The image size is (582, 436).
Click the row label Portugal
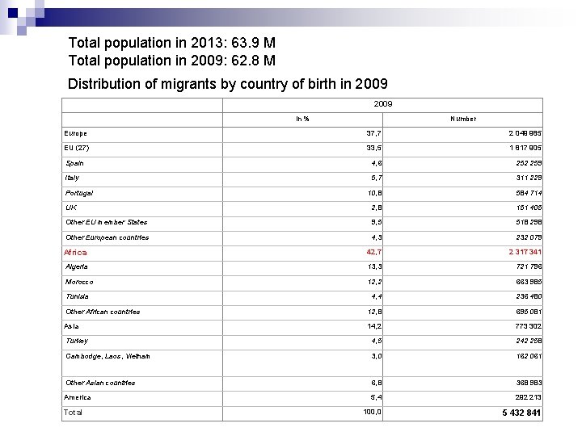[x=79, y=193]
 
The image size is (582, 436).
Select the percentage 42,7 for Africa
[x=373, y=252]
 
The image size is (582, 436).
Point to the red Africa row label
[x=75, y=253]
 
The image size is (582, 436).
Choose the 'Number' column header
[x=463, y=119]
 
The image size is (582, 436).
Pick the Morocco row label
[x=79, y=282]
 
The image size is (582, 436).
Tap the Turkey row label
[x=77, y=341]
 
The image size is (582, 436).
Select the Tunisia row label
[x=78, y=296]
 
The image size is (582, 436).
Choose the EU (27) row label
[x=78, y=148]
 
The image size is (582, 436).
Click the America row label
[x=78, y=397]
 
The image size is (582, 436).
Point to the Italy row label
[x=73, y=178]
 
